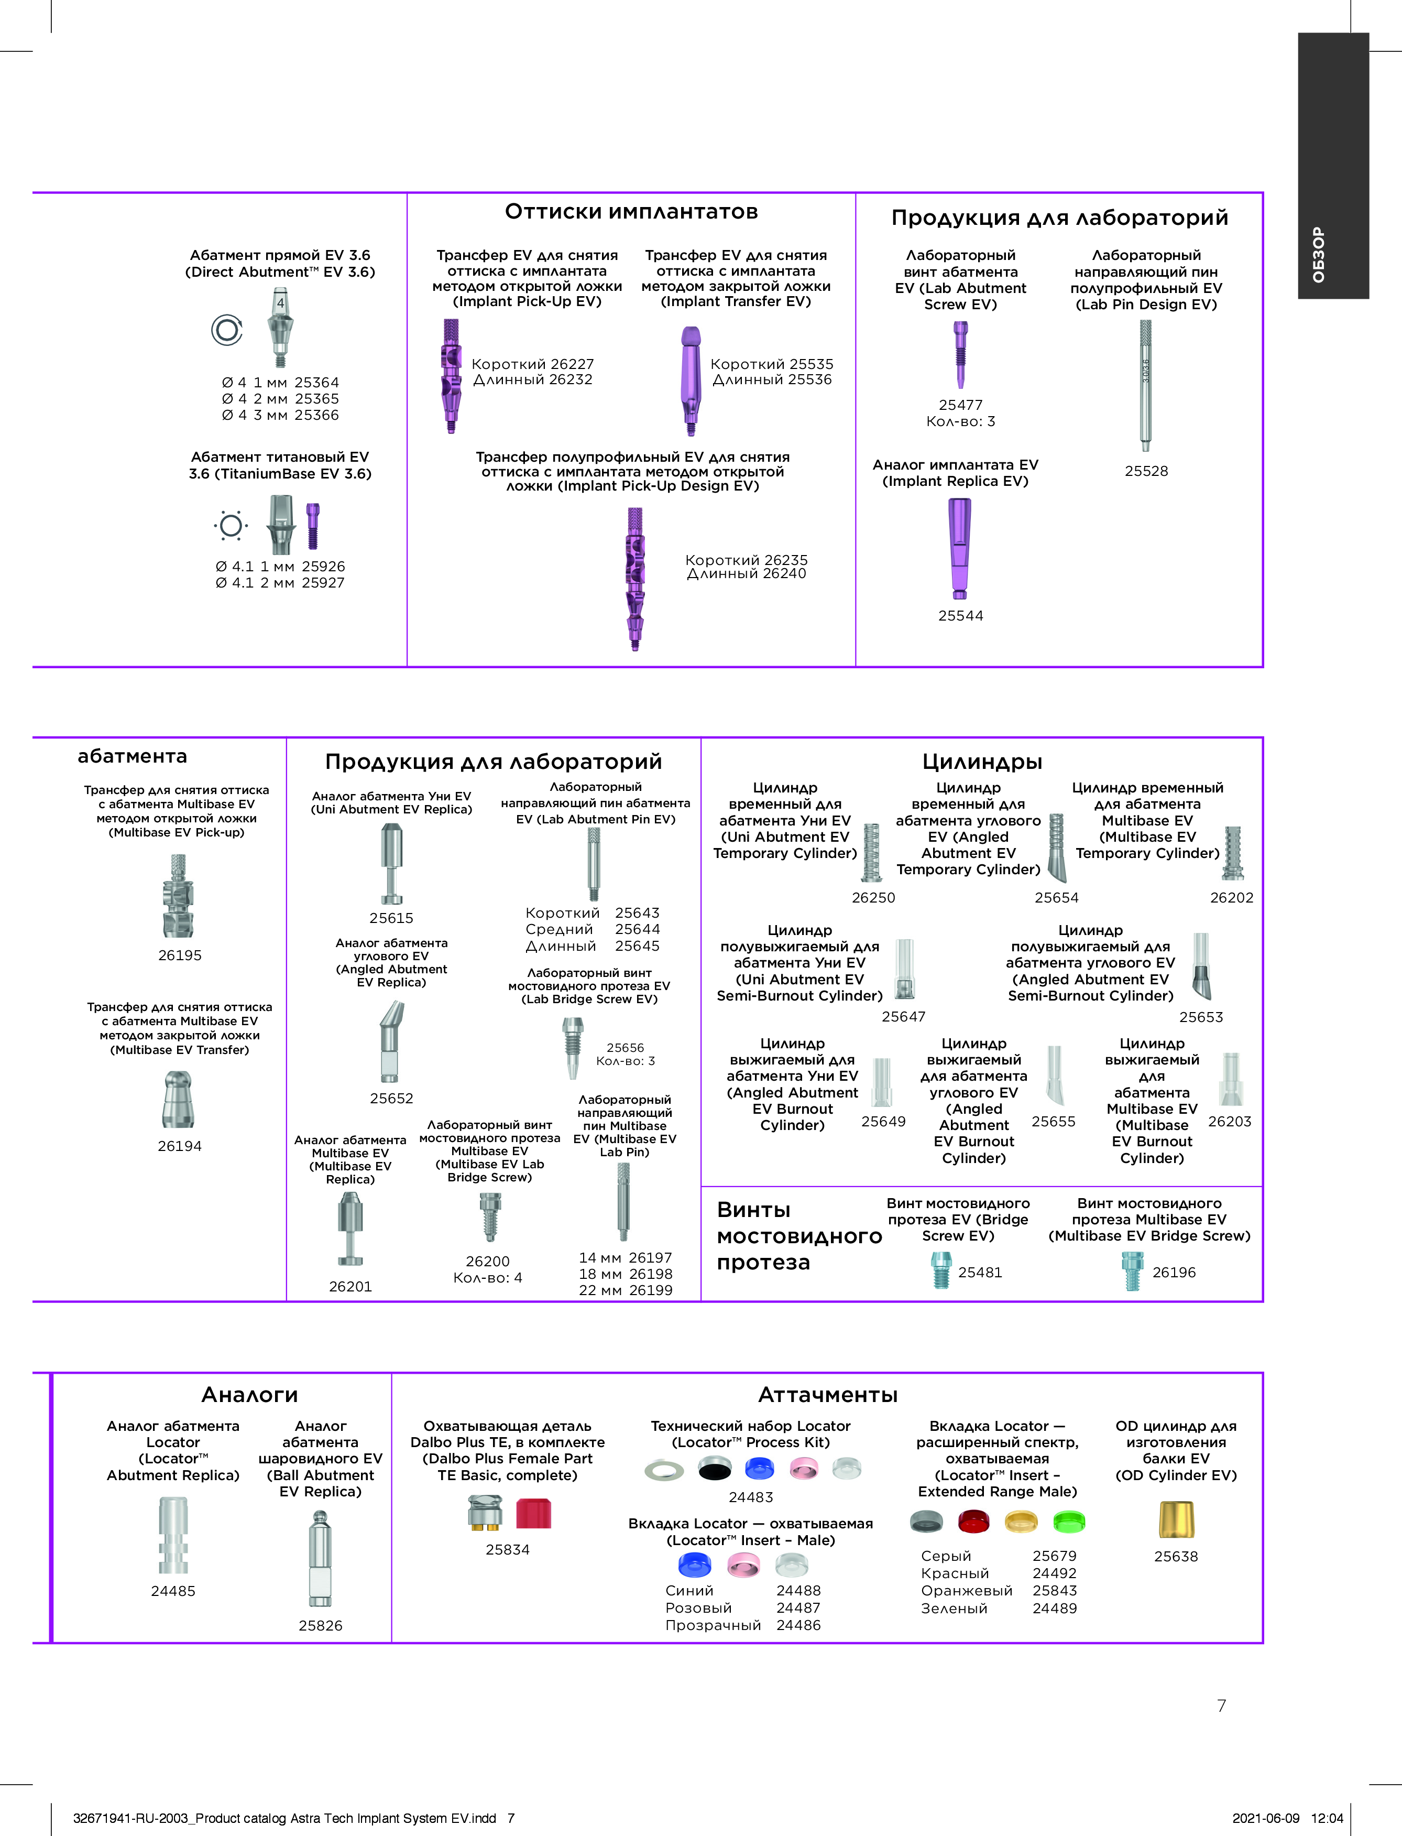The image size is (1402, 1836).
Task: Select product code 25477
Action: [960, 405]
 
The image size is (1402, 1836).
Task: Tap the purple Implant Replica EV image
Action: [960, 549]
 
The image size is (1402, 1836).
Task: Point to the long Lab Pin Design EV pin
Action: [1146, 386]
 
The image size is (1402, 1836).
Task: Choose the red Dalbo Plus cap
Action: [533, 1513]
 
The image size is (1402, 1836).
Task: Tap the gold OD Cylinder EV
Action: [1176, 1519]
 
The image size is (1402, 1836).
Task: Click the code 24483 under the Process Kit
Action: [751, 1497]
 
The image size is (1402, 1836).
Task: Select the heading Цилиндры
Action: [982, 762]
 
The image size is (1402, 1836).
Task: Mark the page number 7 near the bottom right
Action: [1222, 1705]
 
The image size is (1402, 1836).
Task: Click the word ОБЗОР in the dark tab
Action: [1319, 255]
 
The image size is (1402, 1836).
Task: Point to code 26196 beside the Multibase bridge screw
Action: [1174, 1273]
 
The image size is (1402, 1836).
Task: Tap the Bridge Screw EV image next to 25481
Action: [941, 1272]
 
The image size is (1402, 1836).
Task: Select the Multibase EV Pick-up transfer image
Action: [178, 896]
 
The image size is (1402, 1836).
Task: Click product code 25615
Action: [391, 918]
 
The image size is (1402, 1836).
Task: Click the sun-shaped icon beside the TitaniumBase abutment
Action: [231, 525]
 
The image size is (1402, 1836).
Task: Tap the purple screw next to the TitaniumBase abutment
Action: [313, 526]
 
